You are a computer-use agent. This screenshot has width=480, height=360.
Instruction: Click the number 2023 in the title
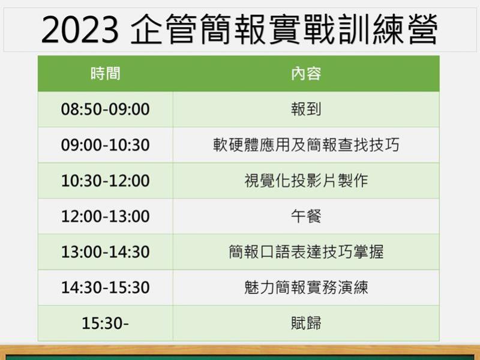[x=80, y=29]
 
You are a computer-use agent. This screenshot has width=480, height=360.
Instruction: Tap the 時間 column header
[x=106, y=73]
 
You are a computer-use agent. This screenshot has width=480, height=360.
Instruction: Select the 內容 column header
[x=306, y=73]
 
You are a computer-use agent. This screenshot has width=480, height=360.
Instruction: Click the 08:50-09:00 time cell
[x=106, y=109]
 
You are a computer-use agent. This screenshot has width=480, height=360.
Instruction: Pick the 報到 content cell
[x=306, y=109]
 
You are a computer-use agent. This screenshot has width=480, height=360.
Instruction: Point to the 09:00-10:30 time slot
[x=106, y=145]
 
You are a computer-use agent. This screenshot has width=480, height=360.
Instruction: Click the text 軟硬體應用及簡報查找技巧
[x=306, y=145]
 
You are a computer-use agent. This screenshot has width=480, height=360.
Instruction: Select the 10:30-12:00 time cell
[x=106, y=181]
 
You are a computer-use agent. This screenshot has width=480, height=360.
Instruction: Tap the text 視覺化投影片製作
[x=306, y=181]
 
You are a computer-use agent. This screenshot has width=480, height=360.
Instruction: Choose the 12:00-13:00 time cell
[x=106, y=216]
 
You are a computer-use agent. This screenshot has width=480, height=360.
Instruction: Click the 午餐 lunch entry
[x=306, y=216]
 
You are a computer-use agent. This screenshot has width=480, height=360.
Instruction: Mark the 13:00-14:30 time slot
[x=106, y=251]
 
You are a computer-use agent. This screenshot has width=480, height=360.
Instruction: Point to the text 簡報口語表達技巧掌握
[x=306, y=251]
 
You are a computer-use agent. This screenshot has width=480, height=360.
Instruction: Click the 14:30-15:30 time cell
[x=106, y=287]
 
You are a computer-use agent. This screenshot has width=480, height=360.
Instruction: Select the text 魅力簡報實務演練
[x=306, y=287]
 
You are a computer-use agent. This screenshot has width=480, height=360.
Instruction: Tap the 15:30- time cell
[x=106, y=323]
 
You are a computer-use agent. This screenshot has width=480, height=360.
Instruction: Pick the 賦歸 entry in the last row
[x=306, y=323]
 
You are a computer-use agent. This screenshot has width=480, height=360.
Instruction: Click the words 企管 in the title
[x=163, y=29]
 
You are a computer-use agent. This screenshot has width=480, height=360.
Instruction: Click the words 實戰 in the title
[x=302, y=29]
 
